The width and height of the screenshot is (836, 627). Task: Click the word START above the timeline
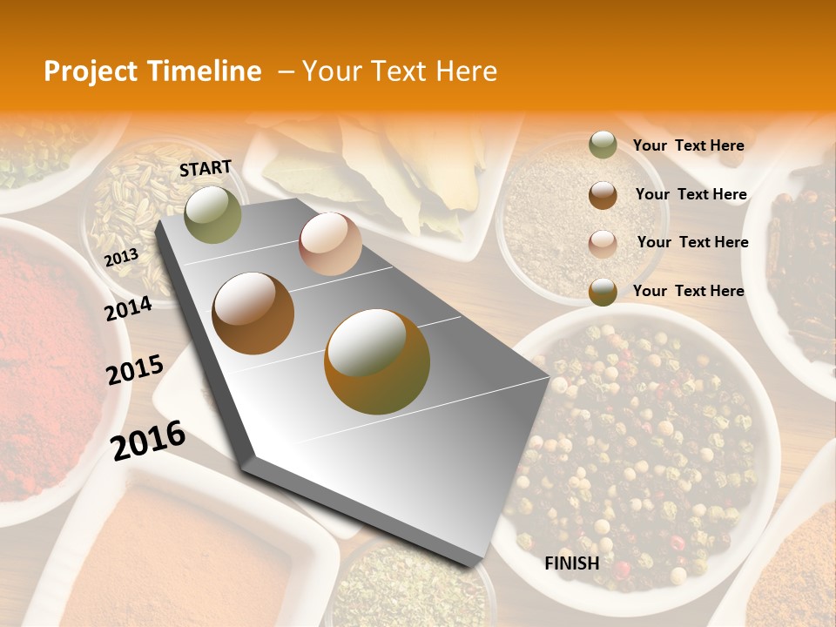pos(206,168)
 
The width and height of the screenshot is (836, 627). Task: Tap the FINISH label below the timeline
pos(571,563)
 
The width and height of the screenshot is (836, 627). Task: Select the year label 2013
pos(121,258)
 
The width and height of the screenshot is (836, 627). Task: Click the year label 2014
pos(129,308)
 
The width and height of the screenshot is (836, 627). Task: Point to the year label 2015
pos(135,370)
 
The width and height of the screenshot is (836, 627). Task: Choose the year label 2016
pos(148,440)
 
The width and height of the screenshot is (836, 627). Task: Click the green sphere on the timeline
pos(212,214)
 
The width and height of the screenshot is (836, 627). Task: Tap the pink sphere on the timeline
pos(330,244)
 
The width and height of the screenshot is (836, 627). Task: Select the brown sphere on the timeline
pos(253,313)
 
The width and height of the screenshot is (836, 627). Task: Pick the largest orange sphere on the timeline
pos(377,361)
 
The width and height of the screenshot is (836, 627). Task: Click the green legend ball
pos(603,145)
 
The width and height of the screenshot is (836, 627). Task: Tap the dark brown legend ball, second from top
pos(603,195)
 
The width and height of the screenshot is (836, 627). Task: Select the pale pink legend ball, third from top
pos(603,243)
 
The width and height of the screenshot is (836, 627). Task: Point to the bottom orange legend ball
pos(603,292)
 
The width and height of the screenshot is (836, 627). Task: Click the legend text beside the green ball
pos(688,146)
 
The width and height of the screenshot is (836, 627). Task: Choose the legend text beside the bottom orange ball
pos(688,291)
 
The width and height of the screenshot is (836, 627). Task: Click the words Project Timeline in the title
pos(152,71)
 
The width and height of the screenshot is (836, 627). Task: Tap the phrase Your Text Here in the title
pos(400,71)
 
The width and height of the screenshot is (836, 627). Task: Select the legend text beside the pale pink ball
pos(692,242)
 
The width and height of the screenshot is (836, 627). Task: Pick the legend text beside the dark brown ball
pos(691,194)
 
